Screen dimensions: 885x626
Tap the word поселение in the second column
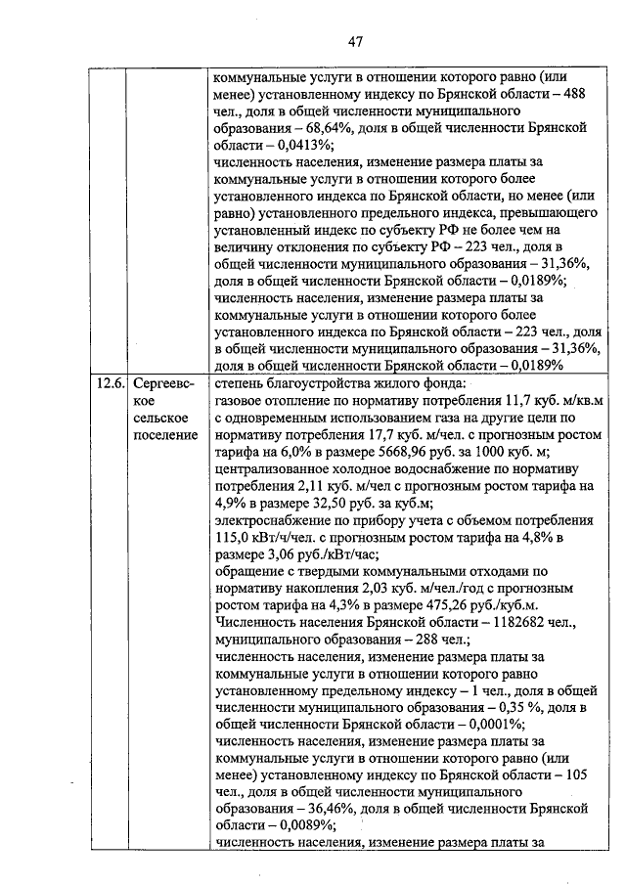coord(165,434)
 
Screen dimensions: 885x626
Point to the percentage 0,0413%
coord(278,144)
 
